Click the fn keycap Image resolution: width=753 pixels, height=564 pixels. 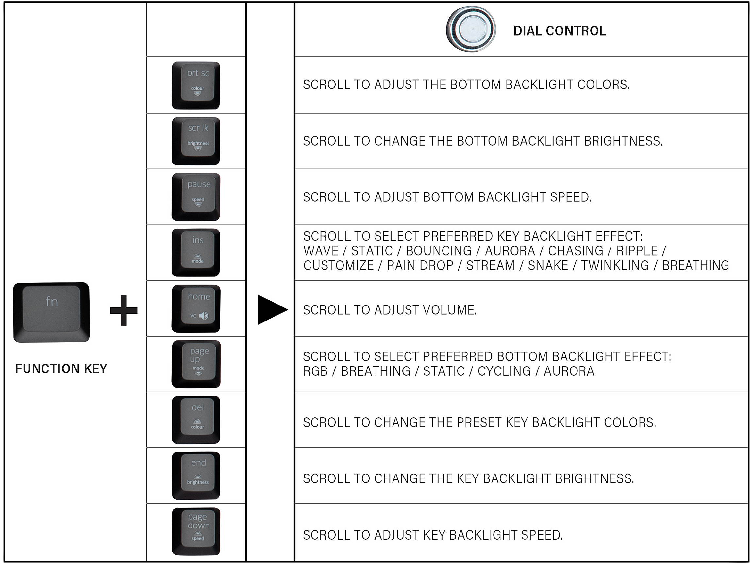(51, 312)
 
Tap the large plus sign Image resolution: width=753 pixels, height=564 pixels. (124, 310)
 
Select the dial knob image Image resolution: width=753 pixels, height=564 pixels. (471, 29)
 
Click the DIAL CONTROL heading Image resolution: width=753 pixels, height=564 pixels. (559, 31)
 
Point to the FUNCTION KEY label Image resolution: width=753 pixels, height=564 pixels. (61, 369)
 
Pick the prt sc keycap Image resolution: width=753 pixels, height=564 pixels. (196, 85)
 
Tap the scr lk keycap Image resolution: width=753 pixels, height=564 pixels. (196, 141)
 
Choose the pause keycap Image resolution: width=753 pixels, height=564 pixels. (196, 197)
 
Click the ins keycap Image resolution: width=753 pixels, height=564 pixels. (196, 253)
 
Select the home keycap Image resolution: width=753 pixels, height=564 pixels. (196, 308)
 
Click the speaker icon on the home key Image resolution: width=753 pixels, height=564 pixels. (204, 316)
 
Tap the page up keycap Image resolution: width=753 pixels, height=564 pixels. (196, 364)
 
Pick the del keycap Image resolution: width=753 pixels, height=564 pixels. (196, 420)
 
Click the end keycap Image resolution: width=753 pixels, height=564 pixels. (196, 476)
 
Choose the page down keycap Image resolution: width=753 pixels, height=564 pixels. (196, 531)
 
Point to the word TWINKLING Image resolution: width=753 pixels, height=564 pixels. (615, 265)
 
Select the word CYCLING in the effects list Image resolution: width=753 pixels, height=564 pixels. (504, 371)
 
